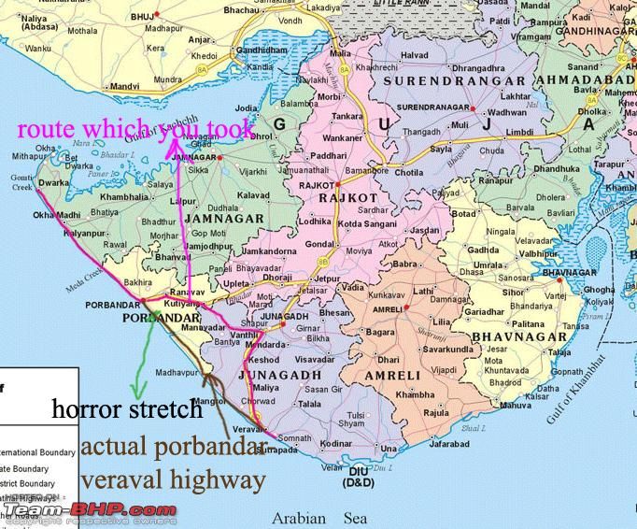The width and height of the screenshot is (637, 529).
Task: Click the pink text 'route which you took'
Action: (134, 128)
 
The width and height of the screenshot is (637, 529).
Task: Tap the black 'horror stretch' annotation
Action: (126, 408)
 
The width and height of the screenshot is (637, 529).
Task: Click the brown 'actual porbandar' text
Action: (168, 447)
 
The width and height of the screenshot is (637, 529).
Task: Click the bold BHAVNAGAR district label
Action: (518, 336)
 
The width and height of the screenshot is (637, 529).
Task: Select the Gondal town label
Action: (322, 244)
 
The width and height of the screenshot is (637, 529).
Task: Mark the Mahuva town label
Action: (516, 405)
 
